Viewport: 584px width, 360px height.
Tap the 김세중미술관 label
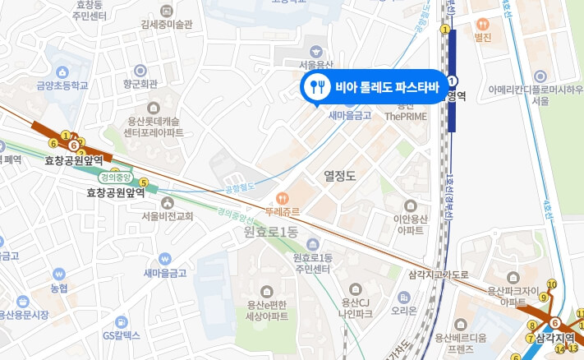(167, 24)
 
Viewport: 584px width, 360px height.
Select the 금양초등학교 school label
(62, 84)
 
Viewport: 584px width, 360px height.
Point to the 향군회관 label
(140, 84)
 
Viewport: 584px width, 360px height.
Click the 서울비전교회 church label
(167, 216)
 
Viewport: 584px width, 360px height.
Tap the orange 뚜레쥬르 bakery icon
(281, 197)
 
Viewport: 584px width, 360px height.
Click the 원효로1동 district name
(270, 233)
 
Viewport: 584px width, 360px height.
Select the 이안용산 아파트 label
(412, 224)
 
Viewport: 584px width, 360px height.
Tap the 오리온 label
(404, 310)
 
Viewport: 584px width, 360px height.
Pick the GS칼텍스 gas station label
(122, 335)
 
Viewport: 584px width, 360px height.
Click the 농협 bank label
(58, 288)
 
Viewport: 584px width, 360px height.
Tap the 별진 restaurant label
(482, 38)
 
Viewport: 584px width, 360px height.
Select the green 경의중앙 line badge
(115, 176)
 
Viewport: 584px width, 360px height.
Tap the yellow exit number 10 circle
(551, 284)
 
